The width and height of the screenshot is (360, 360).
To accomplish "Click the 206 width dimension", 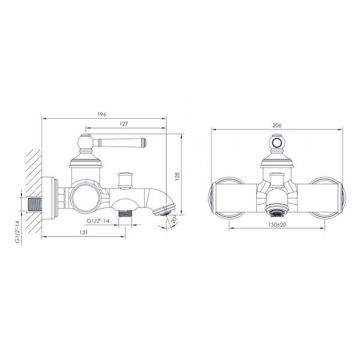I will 277,125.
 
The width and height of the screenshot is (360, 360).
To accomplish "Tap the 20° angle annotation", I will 172,221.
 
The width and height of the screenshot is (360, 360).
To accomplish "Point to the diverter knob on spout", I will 125,178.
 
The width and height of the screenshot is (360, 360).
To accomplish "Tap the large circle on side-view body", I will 83,197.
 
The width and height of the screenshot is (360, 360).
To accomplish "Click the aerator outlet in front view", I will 277,211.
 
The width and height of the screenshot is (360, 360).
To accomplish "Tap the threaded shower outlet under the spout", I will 125,213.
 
